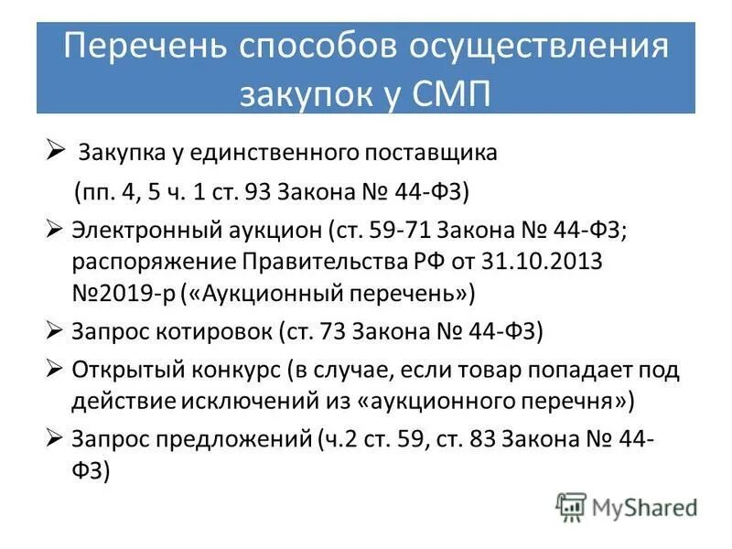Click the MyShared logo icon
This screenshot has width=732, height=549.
coord(571,506)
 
